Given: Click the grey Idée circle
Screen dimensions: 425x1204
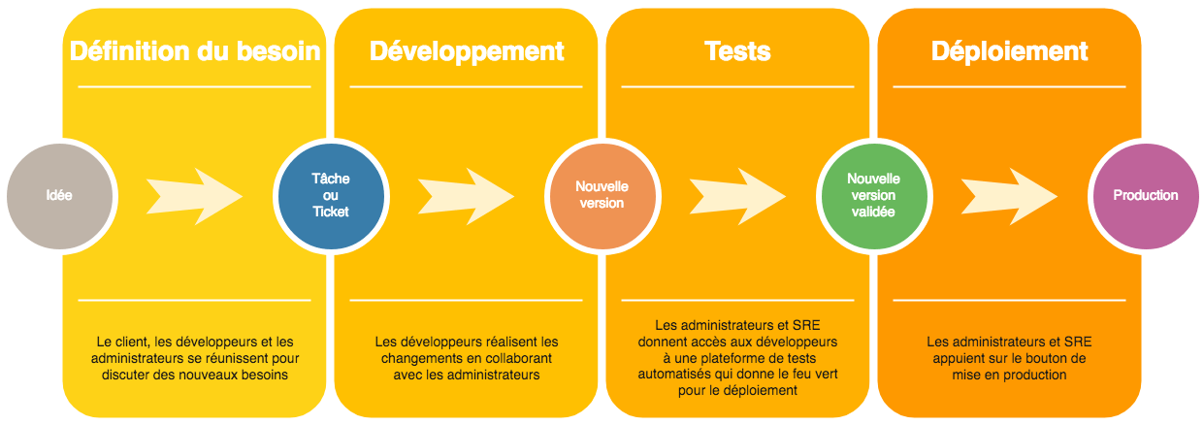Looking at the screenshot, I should click(58, 195).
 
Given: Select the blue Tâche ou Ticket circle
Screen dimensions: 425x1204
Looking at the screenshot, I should click(330, 195).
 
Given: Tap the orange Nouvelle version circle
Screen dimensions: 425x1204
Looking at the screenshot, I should click(602, 195).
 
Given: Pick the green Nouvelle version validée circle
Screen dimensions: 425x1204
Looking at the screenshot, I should click(873, 195).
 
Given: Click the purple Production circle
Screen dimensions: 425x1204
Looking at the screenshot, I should click(1145, 195).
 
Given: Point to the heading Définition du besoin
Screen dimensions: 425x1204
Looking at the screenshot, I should click(195, 51).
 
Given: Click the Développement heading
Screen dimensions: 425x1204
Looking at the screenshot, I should click(467, 51).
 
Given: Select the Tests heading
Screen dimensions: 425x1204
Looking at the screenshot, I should click(737, 51).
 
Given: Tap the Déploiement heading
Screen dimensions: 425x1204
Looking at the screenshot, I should click(1009, 51).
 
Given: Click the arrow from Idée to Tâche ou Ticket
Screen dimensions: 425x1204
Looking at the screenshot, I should click(195, 195).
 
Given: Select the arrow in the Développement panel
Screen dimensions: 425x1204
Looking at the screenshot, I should click(467, 195).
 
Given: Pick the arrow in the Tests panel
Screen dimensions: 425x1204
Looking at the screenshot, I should click(738, 195).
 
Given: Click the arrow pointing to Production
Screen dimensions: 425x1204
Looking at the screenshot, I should click(1010, 195).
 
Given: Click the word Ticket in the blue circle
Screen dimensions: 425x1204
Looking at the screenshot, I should click(330, 212).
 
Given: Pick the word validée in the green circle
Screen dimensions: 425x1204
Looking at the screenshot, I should click(873, 212).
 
